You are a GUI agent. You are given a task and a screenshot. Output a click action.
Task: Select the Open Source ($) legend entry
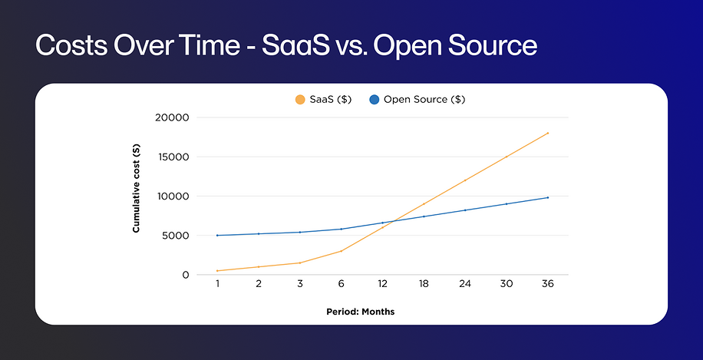pyautogui.click(x=418, y=99)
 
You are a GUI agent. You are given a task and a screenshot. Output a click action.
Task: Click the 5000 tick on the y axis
pyautogui.click(x=176, y=236)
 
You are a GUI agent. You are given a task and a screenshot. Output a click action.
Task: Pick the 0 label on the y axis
pyautogui.click(x=185, y=275)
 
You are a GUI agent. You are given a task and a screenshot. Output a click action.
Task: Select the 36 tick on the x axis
pyautogui.click(x=548, y=283)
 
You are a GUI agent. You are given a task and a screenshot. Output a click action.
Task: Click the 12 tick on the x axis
pyautogui.click(x=382, y=283)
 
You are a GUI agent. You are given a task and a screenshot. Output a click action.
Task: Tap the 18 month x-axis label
pyautogui.click(x=424, y=283)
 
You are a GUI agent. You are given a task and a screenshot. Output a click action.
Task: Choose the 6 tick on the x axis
pyautogui.click(x=341, y=283)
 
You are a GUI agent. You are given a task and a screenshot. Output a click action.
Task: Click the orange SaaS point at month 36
pyautogui.click(x=548, y=133)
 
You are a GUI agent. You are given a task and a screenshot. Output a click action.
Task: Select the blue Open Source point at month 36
pyautogui.click(x=548, y=197)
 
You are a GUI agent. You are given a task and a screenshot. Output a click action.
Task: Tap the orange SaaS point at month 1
pyautogui.click(x=217, y=271)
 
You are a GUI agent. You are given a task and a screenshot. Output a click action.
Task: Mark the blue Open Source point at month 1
pyautogui.click(x=217, y=236)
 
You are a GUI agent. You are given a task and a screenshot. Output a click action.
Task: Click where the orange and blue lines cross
pyautogui.click(x=392, y=221)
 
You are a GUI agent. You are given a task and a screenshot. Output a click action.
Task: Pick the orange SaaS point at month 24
pyautogui.click(x=465, y=180)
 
